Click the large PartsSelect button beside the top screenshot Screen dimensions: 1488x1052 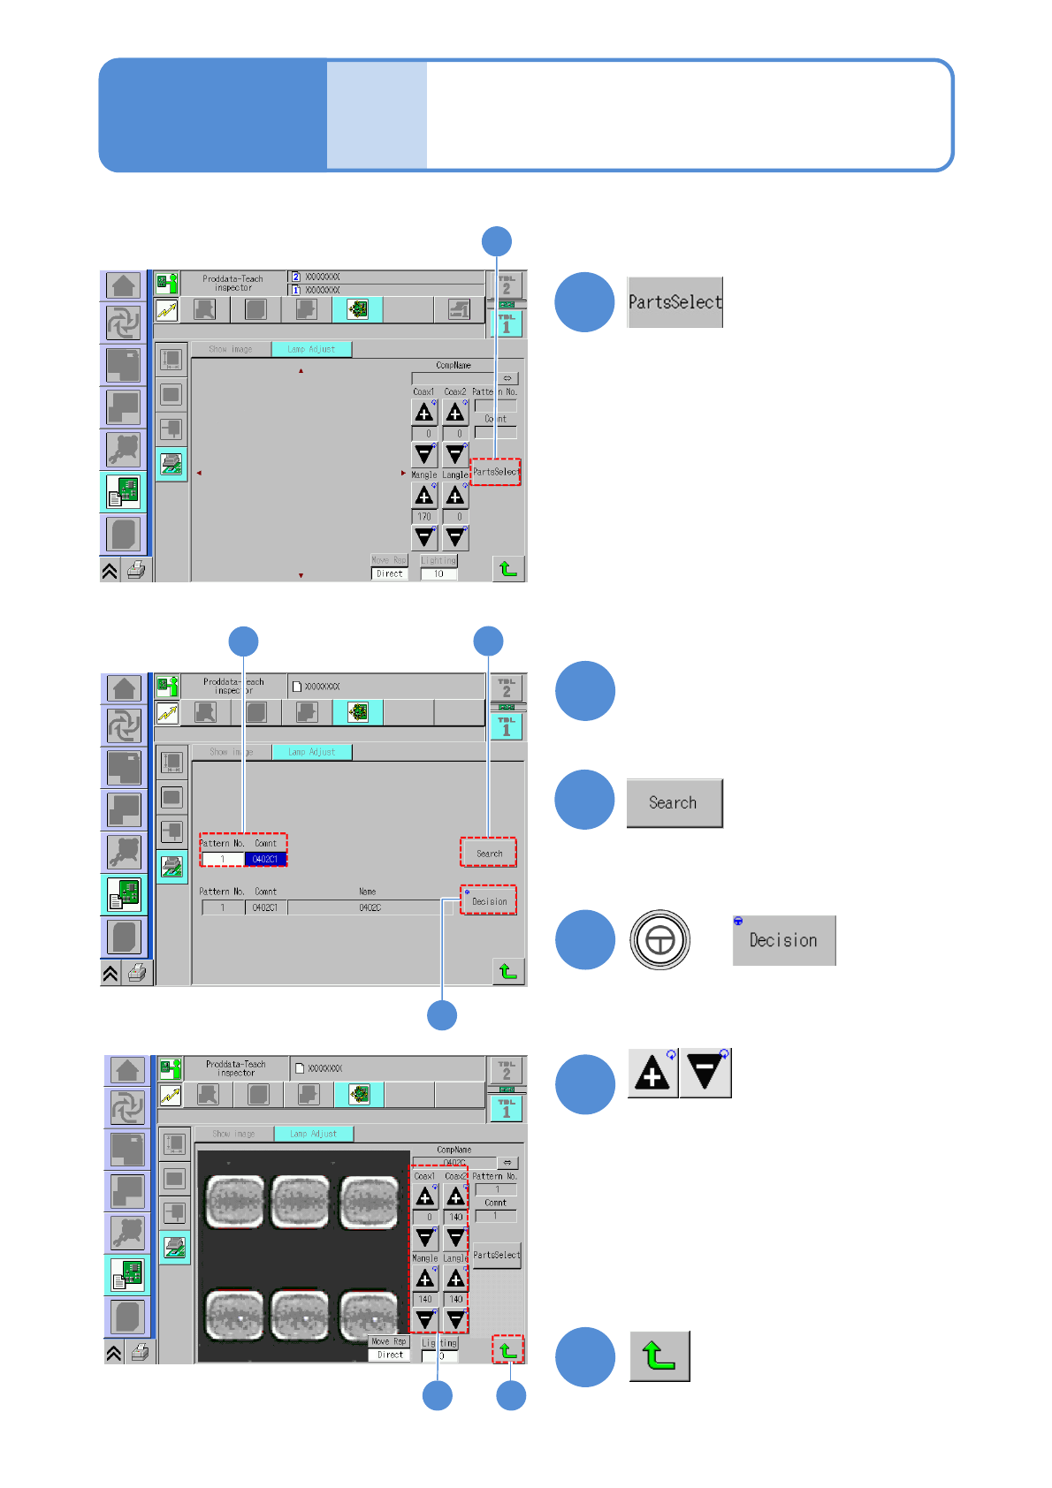(x=675, y=302)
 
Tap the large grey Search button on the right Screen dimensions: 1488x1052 (x=674, y=803)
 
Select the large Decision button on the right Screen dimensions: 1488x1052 (x=783, y=941)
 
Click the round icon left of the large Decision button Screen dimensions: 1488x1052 (x=659, y=940)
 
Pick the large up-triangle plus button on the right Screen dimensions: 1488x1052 (x=652, y=1074)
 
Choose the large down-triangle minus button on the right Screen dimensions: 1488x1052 (x=705, y=1074)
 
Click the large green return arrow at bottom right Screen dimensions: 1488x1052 (x=659, y=1356)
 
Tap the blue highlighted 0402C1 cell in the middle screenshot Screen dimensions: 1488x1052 (x=265, y=859)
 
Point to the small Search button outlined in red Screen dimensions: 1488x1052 (x=489, y=854)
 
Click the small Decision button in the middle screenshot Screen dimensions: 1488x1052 (x=489, y=901)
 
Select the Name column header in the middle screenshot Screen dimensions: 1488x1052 (x=368, y=892)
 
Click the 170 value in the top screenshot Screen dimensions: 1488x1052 (x=424, y=517)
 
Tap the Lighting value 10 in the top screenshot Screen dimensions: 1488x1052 (x=438, y=573)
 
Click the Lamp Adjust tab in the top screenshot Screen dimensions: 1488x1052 (x=311, y=349)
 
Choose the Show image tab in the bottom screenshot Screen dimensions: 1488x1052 (x=233, y=1134)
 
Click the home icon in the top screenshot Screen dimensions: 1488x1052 (x=124, y=285)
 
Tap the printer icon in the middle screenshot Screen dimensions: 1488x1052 (x=137, y=973)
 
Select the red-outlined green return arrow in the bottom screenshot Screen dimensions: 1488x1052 (x=507, y=1350)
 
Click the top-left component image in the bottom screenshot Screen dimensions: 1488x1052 (x=235, y=1202)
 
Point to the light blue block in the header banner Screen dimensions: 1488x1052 (x=377, y=115)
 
